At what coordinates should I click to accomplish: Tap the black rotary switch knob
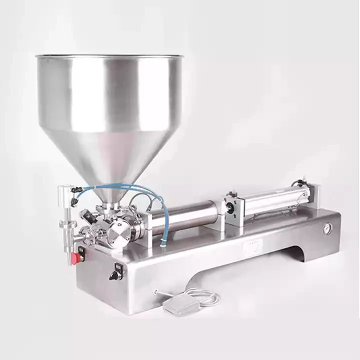click(115, 275)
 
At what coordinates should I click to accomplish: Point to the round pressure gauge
click(327, 228)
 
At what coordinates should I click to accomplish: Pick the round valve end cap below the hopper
click(118, 231)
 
